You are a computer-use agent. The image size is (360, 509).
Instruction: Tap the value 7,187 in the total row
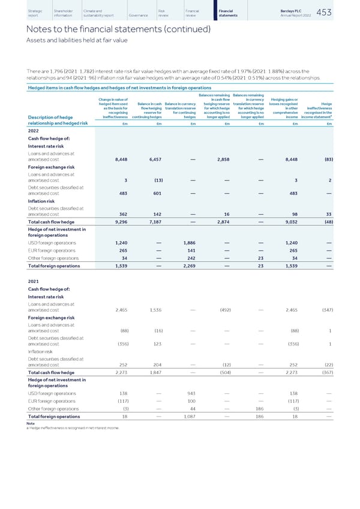[153, 221]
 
